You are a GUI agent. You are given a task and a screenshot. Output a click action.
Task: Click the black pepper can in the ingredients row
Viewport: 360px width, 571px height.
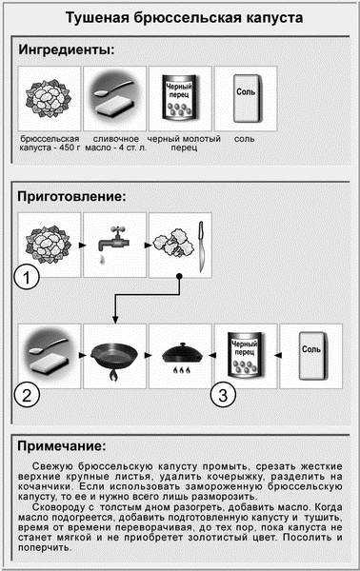(x=178, y=97)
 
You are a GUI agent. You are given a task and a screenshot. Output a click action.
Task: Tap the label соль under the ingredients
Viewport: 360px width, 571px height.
(x=245, y=140)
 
